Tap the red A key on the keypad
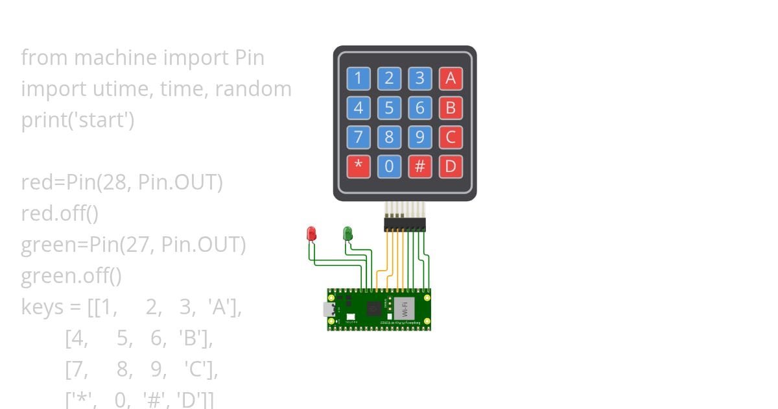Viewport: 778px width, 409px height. (x=451, y=79)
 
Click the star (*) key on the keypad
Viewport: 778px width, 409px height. (x=358, y=167)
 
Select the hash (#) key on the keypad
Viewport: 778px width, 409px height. (x=419, y=167)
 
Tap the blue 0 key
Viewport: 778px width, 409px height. (x=389, y=167)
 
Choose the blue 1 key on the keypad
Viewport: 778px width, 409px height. (x=358, y=79)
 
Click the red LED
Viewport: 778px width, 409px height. (x=311, y=233)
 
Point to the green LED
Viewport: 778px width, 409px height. (x=348, y=233)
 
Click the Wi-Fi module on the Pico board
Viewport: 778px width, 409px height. (x=404, y=308)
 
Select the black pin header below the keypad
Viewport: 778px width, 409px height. (x=405, y=224)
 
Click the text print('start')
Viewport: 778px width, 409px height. (x=78, y=120)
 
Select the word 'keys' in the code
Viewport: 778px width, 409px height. (x=42, y=307)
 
